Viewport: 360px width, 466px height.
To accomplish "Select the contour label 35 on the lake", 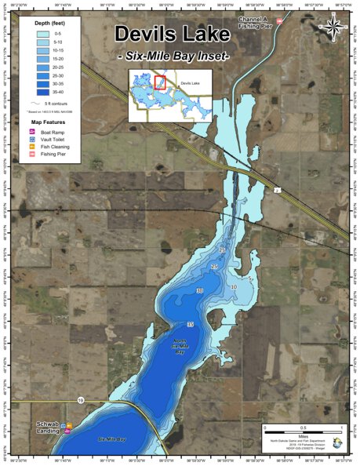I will click(191, 324).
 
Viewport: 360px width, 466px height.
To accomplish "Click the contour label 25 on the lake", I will click(214, 268).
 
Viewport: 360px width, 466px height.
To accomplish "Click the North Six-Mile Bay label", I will click(180, 345).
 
